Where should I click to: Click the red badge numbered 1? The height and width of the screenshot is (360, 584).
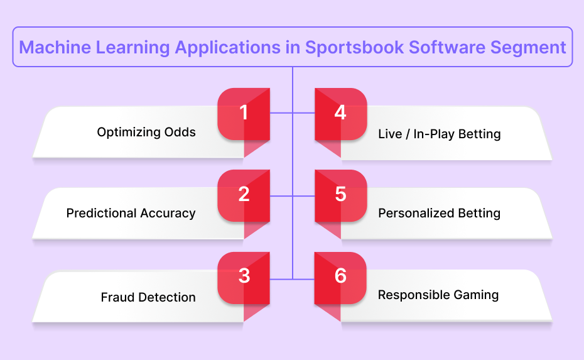point(244,114)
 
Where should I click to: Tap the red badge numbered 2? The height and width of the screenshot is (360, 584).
point(244,195)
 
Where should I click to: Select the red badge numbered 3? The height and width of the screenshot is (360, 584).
point(244,278)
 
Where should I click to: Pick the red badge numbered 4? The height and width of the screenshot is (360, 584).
point(341,114)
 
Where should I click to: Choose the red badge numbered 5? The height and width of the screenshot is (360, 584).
point(341,195)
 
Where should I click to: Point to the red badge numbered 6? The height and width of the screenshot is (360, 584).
point(340,278)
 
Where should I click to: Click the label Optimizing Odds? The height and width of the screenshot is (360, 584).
point(146,133)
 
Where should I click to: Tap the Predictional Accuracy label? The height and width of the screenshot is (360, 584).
point(131,213)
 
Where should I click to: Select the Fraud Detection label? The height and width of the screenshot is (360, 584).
point(148,297)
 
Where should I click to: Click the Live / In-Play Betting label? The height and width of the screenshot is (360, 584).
point(440,134)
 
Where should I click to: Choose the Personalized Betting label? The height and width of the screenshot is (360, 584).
point(440,213)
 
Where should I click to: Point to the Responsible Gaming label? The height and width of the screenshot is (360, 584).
point(438,295)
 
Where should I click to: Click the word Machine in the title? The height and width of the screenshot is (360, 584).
point(55,47)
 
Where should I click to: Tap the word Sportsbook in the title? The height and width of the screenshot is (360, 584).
point(355,47)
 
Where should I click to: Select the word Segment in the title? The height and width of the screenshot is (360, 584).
point(528,48)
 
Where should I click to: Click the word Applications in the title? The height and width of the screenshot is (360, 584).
point(227,48)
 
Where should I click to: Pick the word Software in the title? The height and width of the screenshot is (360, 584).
point(447,47)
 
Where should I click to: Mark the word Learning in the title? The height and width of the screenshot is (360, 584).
point(133,48)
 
